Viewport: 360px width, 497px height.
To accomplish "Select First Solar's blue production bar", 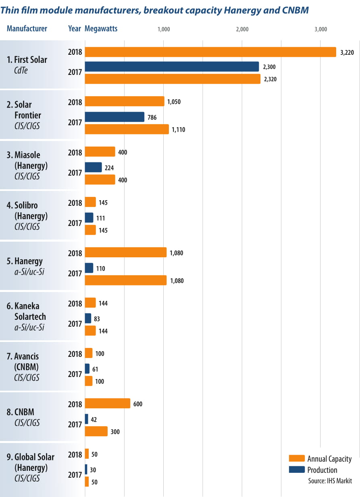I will tap(172, 67).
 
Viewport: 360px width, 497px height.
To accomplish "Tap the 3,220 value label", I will tap(347, 52).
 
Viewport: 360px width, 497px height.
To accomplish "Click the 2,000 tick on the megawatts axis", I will tap(242, 29).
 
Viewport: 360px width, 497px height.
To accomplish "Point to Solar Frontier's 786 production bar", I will tap(114, 117).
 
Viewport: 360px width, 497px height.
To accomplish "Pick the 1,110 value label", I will tap(179, 130).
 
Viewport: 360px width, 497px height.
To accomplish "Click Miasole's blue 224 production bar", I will tap(93, 168).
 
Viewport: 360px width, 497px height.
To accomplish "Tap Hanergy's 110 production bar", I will tap(89, 268).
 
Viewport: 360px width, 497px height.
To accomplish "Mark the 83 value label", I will tap(97, 319).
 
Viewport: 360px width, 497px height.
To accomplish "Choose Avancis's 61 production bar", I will tap(87, 369).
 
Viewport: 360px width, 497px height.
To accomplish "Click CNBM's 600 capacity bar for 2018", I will tap(108, 404).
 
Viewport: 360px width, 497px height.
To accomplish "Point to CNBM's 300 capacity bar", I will tap(96, 431).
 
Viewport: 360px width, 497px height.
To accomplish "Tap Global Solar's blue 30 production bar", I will tap(86, 470).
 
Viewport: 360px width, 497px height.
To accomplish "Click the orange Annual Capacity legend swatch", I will tap(296, 459).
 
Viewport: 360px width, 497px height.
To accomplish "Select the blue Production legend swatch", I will tap(296, 470).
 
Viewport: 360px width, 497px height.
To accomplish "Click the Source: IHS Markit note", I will tap(330, 480).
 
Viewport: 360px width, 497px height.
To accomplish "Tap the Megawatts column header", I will tap(101, 29).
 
